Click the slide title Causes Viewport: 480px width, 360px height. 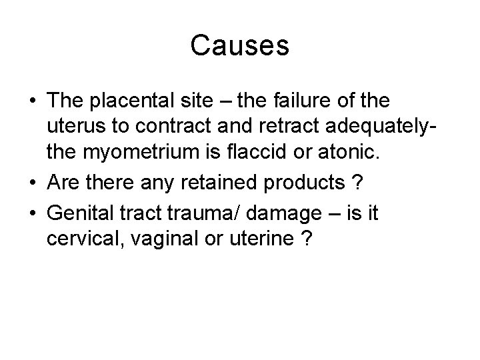click(239, 46)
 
